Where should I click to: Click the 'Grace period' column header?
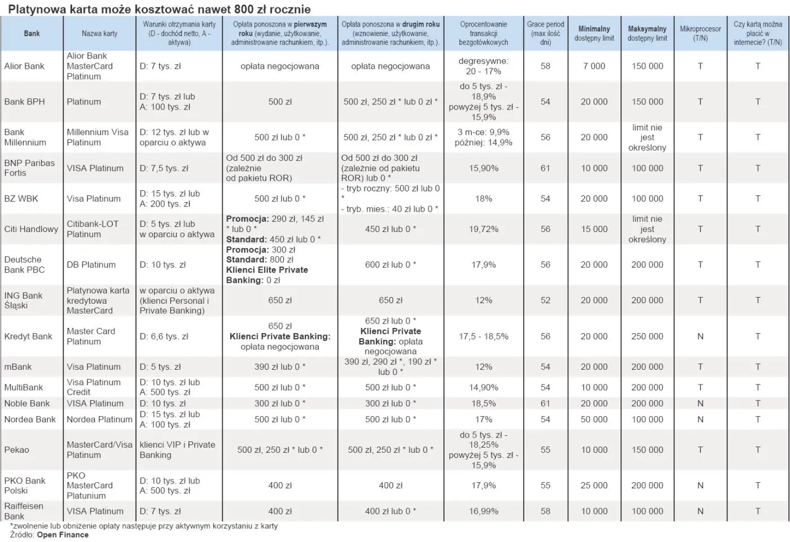[545, 33]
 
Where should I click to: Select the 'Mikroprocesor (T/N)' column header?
[700, 33]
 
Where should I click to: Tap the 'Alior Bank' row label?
[24, 66]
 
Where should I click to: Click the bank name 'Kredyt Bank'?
[28, 336]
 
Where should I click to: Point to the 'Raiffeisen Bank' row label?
[24, 511]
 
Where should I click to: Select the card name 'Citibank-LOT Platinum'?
[93, 229]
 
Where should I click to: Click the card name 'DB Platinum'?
[91, 265]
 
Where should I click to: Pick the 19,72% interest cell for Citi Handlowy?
[484, 229]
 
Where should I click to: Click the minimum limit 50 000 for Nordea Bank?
[594, 419]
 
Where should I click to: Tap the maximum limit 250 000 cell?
[647, 336]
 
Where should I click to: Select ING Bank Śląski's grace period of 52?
[545, 300]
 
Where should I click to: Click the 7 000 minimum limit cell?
[594, 66]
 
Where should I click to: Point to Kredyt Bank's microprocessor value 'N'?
[700, 336]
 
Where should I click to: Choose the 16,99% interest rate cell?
[484, 511]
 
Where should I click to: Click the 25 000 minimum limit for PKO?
[594, 486]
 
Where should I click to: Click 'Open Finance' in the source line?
[63, 535]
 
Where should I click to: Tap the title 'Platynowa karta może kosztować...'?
[159, 9]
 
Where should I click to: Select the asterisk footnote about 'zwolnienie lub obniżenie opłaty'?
[144, 526]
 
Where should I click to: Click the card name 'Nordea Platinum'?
[99, 419]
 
